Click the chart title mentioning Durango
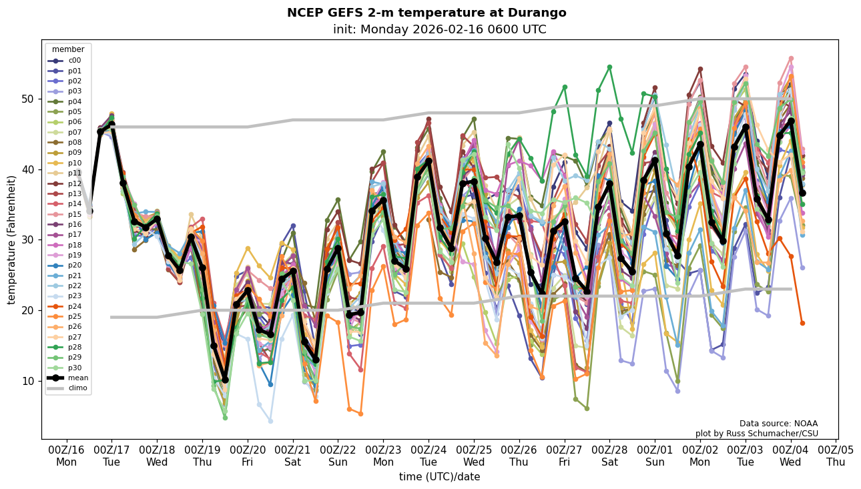426,13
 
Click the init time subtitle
439,29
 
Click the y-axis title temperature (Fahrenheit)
12,239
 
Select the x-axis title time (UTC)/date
439,477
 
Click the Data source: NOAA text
778,424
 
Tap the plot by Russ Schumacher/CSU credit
756,434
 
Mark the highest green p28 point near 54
609,67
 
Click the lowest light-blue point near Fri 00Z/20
270,421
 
